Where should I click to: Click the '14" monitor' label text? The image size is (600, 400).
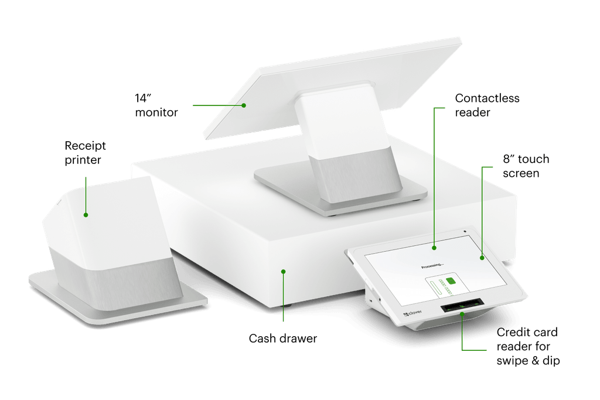(x=156, y=104)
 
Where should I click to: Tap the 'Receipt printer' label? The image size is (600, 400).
(x=86, y=152)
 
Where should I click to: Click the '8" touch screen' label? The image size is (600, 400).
(x=526, y=166)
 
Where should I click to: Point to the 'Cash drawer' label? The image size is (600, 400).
(x=283, y=339)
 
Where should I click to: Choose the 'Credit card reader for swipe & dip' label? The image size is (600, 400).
(x=527, y=347)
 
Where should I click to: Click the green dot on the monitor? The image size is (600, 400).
(x=245, y=105)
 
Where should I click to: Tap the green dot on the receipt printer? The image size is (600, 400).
(x=86, y=215)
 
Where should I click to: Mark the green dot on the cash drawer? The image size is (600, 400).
(x=283, y=271)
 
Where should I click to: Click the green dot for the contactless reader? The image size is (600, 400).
(x=434, y=248)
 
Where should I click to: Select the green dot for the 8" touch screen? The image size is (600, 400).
(x=482, y=257)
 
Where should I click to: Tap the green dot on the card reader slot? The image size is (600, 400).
(x=462, y=314)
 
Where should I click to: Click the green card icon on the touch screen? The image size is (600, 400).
(x=451, y=283)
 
